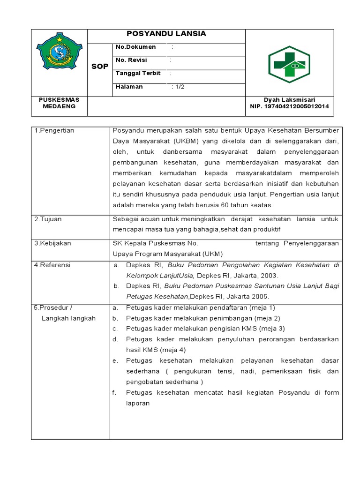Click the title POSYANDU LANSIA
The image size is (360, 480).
(x=166, y=34)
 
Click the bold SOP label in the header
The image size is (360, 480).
(x=99, y=66)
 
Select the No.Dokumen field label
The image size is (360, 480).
(x=136, y=47)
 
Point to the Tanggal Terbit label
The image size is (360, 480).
(x=138, y=74)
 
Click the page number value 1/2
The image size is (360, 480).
(x=178, y=87)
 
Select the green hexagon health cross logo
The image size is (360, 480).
(x=286, y=65)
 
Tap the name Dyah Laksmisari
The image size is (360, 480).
(x=289, y=100)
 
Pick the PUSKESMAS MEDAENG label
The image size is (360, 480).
(x=59, y=103)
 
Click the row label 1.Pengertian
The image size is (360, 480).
(x=54, y=130)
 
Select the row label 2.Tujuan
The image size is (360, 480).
(x=48, y=219)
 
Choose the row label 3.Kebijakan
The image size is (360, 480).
(x=53, y=243)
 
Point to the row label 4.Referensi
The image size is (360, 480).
(x=52, y=265)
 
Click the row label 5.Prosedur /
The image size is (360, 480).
(x=53, y=307)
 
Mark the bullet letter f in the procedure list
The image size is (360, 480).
(x=115, y=392)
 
